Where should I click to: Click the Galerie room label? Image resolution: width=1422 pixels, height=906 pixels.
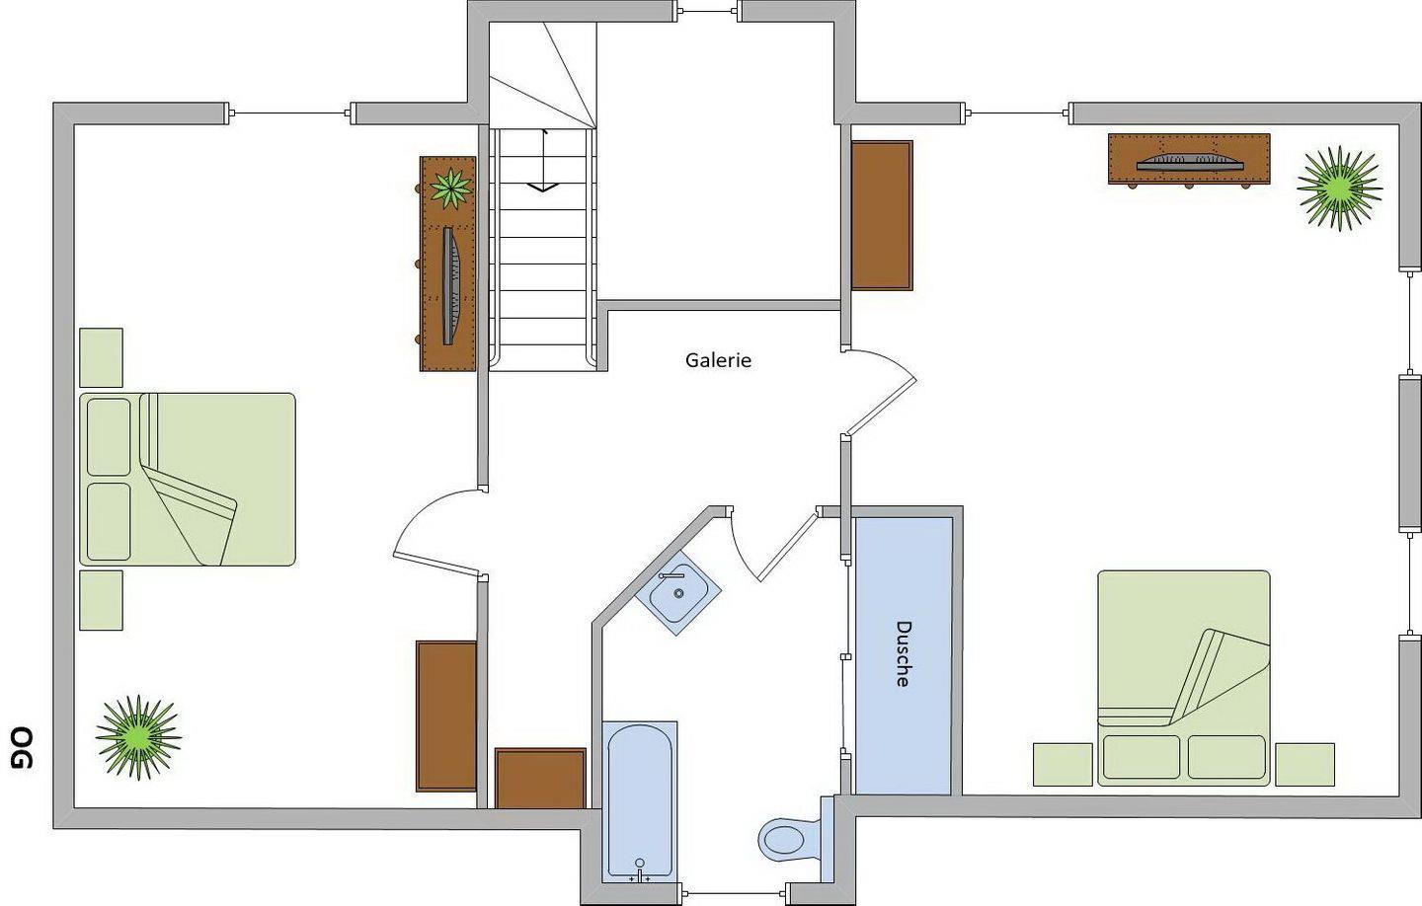(x=718, y=360)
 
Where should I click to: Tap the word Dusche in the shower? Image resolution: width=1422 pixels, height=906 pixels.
(x=904, y=653)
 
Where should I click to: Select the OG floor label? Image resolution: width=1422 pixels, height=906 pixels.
(x=22, y=747)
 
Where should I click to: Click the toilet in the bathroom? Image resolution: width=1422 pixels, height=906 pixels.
(x=789, y=839)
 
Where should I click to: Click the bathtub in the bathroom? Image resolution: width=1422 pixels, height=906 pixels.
(x=639, y=802)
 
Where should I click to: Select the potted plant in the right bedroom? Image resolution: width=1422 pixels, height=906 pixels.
(x=1339, y=188)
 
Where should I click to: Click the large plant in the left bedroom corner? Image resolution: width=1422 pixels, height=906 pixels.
(x=138, y=737)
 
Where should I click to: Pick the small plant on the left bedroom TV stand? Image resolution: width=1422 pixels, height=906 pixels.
(x=450, y=188)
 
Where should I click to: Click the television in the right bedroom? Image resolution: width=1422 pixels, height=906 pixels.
(x=1189, y=161)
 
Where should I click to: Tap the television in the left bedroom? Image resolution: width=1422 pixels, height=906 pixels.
(x=451, y=285)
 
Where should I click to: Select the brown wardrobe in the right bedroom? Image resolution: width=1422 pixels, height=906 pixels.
(x=881, y=215)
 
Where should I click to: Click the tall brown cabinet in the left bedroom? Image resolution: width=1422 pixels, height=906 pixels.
(x=446, y=717)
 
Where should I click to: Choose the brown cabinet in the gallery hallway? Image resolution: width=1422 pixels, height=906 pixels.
(x=540, y=779)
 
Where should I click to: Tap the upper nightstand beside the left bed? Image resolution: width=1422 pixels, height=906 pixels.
(x=101, y=357)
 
